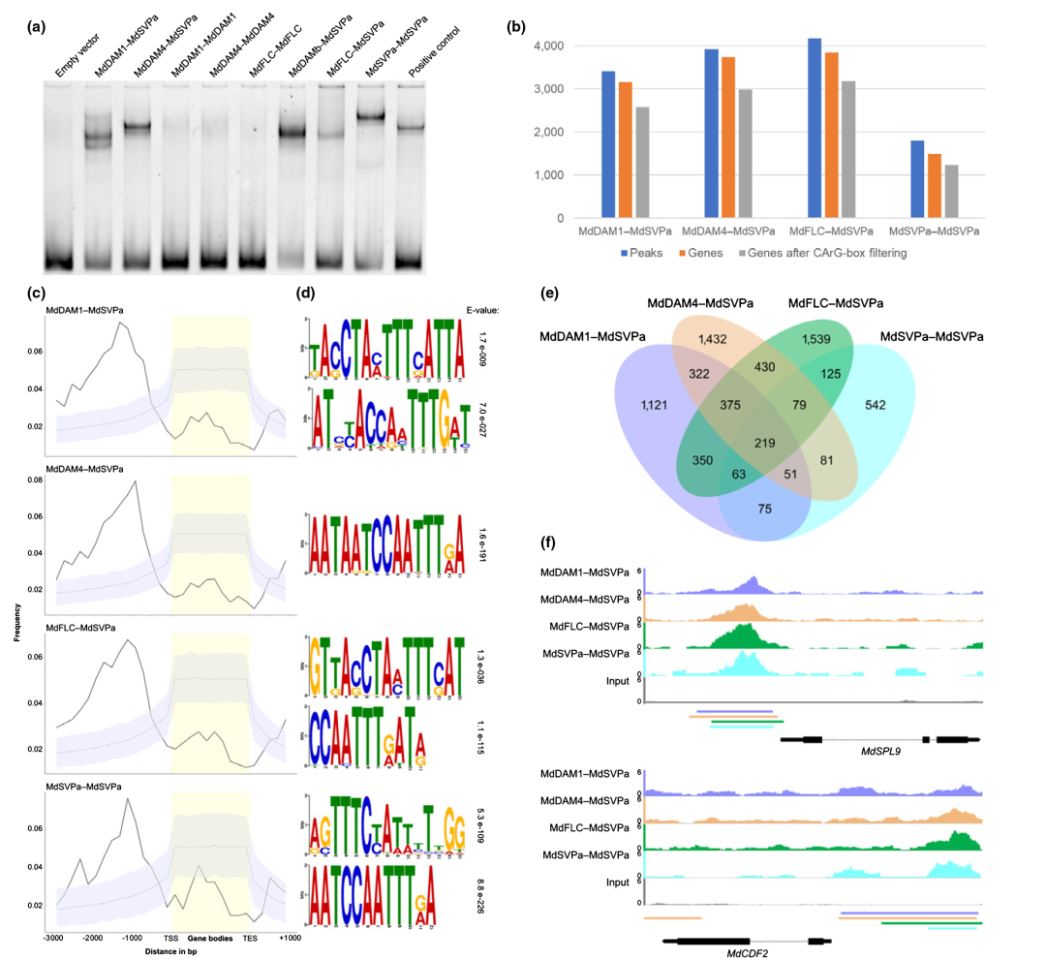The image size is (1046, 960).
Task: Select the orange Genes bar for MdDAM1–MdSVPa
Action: (x=625, y=150)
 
